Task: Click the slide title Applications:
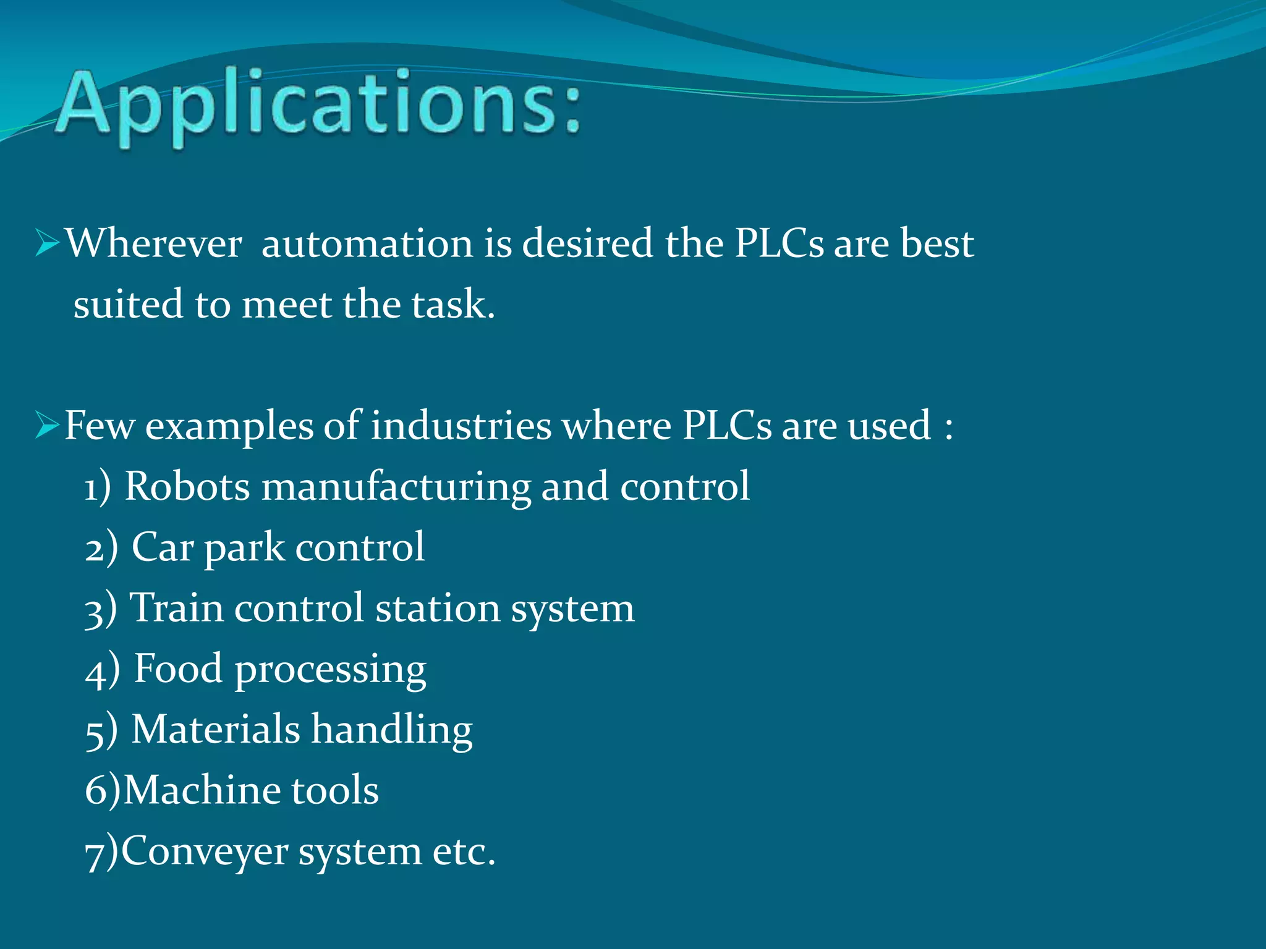click(318, 105)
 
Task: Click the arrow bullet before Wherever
click(46, 242)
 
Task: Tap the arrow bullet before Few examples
click(46, 425)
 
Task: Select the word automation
click(368, 243)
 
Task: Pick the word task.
click(452, 304)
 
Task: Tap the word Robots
click(187, 486)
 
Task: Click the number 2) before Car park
click(101, 547)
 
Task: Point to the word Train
click(176, 607)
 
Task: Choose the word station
click(438, 608)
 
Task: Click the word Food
click(178, 669)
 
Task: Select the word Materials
click(216, 729)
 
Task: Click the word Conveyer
click(205, 851)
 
